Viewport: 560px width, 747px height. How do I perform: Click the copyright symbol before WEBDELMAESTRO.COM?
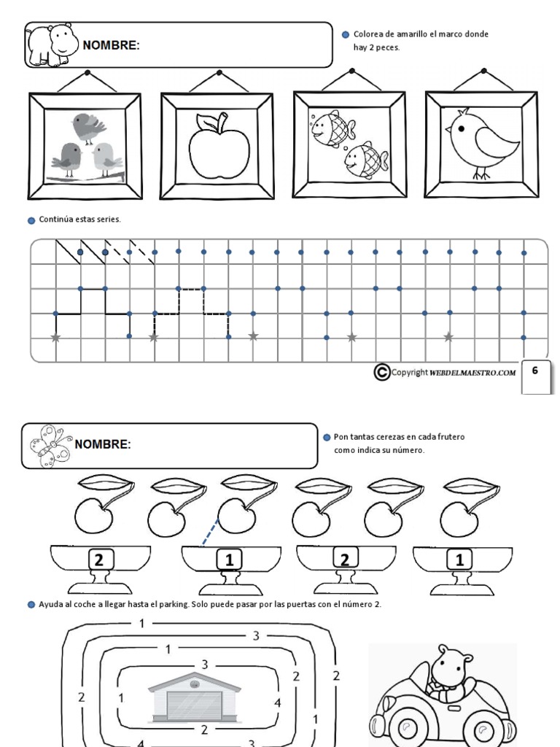tap(381, 372)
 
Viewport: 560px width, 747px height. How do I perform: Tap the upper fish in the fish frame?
tap(332, 127)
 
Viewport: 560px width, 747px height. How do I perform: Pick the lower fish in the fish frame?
tap(365, 159)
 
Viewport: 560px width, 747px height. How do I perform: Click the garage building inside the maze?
tap(194, 698)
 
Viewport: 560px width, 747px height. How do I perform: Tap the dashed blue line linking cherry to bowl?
tap(209, 533)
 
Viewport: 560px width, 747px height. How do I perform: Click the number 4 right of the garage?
tap(277, 703)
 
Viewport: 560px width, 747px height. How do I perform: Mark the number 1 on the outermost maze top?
tap(142, 622)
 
